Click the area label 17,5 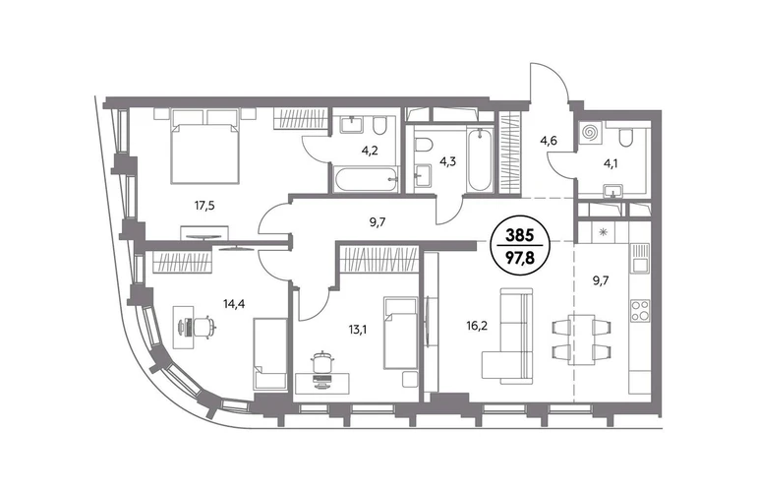tap(204, 206)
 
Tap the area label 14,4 tap(233, 304)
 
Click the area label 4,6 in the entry tap(549, 141)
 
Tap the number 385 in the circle tap(519, 235)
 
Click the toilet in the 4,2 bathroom tap(379, 126)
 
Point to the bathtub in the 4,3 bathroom tap(480, 159)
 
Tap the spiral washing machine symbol tap(589, 133)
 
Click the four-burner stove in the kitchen tap(640, 310)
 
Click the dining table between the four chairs tap(581, 338)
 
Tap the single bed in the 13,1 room tap(400, 333)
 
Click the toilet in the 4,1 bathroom tap(625, 137)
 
